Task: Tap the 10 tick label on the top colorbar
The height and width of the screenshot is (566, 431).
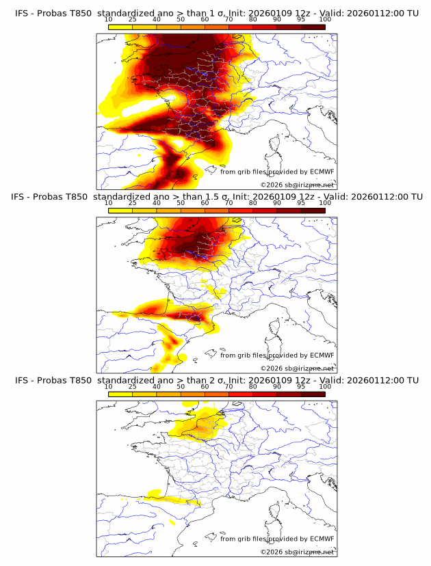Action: [x=109, y=20]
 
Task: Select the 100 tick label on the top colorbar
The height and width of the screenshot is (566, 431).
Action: [x=325, y=20]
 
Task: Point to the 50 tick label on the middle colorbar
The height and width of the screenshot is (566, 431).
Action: [x=181, y=203]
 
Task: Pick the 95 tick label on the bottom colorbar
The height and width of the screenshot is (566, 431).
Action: [x=301, y=387]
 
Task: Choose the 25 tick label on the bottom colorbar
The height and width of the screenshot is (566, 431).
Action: [x=133, y=387]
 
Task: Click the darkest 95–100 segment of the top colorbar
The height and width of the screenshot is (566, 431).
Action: [x=313, y=27]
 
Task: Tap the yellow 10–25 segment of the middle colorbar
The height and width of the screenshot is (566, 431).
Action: [x=120, y=211]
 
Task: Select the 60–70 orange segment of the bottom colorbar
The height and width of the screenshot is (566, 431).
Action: [x=217, y=394]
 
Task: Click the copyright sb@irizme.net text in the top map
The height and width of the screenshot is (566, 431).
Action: [x=298, y=185]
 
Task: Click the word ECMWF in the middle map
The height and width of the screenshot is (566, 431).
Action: [x=322, y=355]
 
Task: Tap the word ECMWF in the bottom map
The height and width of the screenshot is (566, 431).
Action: [x=322, y=539]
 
